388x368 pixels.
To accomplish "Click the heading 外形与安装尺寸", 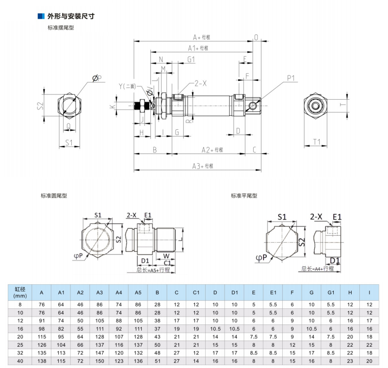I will point(71,16).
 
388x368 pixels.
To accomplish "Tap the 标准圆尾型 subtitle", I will point(54,196).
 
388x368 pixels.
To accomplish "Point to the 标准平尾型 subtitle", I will point(244,196).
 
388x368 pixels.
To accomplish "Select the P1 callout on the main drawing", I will point(291,77).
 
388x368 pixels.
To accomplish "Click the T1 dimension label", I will point(317,142).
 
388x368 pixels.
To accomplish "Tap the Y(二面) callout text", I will point(128,86).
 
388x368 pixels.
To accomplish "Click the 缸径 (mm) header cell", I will point(20,292).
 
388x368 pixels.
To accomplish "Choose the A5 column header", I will point(138,292).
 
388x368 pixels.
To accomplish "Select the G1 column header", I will point(330,292).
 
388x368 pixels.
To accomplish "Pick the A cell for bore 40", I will point(42,361).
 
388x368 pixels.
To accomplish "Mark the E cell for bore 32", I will point(253,353).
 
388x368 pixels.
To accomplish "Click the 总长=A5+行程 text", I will point(153,270).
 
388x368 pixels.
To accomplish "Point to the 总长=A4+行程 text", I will point(318,268).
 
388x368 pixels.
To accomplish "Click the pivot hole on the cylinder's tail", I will point(253,106).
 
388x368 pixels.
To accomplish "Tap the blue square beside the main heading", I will point(41,16).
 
